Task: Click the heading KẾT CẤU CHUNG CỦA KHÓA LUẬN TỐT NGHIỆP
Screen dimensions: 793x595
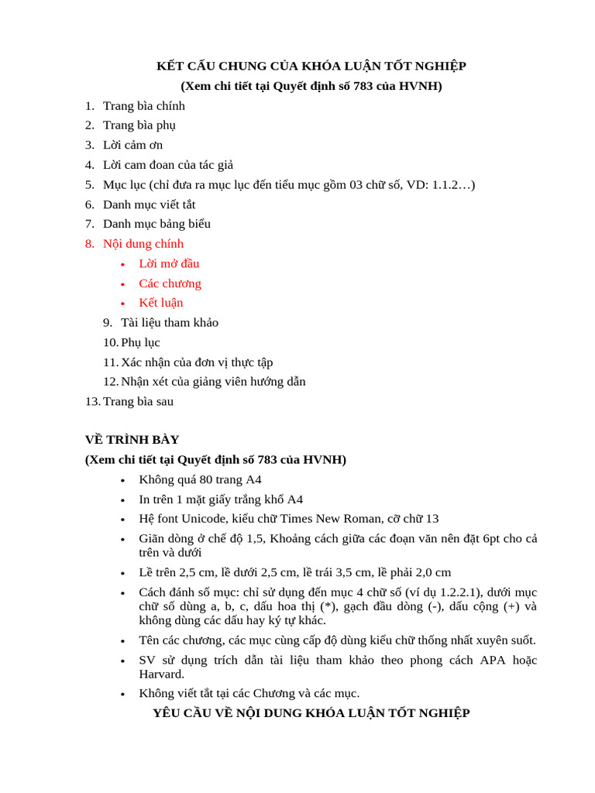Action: pyautogui.click(x=311, y=66)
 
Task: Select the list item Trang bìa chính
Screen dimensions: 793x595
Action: pyautogui.click(x=144, y=106)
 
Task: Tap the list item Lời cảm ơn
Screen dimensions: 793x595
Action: pyautogui.click(x=132, y=145)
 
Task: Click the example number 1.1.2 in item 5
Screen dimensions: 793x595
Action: pyautogui.click(x=449, y=184)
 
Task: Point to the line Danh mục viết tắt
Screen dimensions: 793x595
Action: pyautogui.click(x=149, y=204)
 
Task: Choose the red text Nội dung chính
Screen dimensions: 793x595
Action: pyautogui.click(x=143, y=244)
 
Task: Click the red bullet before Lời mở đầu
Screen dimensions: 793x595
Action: pyautogui.click(x=122, y=265)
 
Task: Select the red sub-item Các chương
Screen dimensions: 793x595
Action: pyautogui.click(x=170, y=283)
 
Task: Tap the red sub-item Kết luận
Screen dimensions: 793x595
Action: pyautogui.click(x=161, y=303)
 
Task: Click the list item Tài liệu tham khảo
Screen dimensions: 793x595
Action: pyautogui.click(x=170, y=323)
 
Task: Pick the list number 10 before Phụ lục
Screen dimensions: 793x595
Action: pyautogui.click(x=110, y=342)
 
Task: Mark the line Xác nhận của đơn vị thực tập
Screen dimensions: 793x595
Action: pyautogui.click(x=197, y=362)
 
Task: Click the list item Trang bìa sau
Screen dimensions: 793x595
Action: pyautogui.click(x=138, y=401)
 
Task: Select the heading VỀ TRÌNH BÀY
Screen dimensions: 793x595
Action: pyautogui.click(x=132, y=440)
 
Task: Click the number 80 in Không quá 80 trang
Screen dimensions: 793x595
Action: pyautogui.click(x=207, y=479)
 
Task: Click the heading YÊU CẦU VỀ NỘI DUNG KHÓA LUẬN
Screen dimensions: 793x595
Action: pyautogui.click(x=311, y=713)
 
